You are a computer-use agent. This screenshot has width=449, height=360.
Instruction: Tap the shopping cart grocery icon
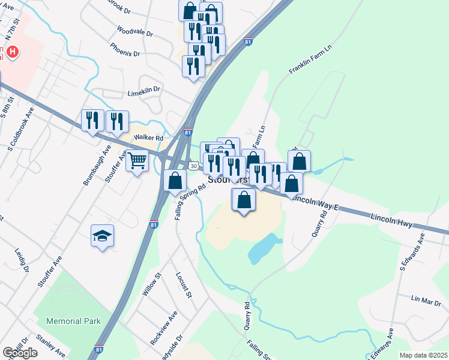(137, 161)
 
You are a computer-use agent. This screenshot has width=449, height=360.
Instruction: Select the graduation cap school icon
(102, 236)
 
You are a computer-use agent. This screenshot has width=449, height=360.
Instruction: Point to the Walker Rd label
(149, 138)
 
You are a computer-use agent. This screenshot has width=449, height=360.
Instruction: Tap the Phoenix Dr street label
(125, 49)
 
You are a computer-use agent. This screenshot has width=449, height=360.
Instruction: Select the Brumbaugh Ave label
(98, 163)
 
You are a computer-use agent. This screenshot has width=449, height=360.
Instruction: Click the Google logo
(20, 353)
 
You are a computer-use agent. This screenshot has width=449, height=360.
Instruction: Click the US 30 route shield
(193, 165)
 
